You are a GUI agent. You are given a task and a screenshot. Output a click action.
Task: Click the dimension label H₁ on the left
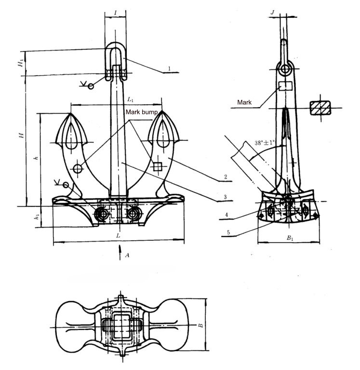[x=20, y=63]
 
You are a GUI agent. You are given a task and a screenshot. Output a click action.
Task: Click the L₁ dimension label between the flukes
[x=130, y=99]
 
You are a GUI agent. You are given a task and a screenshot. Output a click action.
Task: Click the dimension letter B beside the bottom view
[x=200, y=326]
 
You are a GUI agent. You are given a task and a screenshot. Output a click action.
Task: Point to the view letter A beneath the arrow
[x=127, y=255]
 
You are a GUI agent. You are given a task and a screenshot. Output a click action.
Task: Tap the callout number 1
[x=170, y=69]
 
